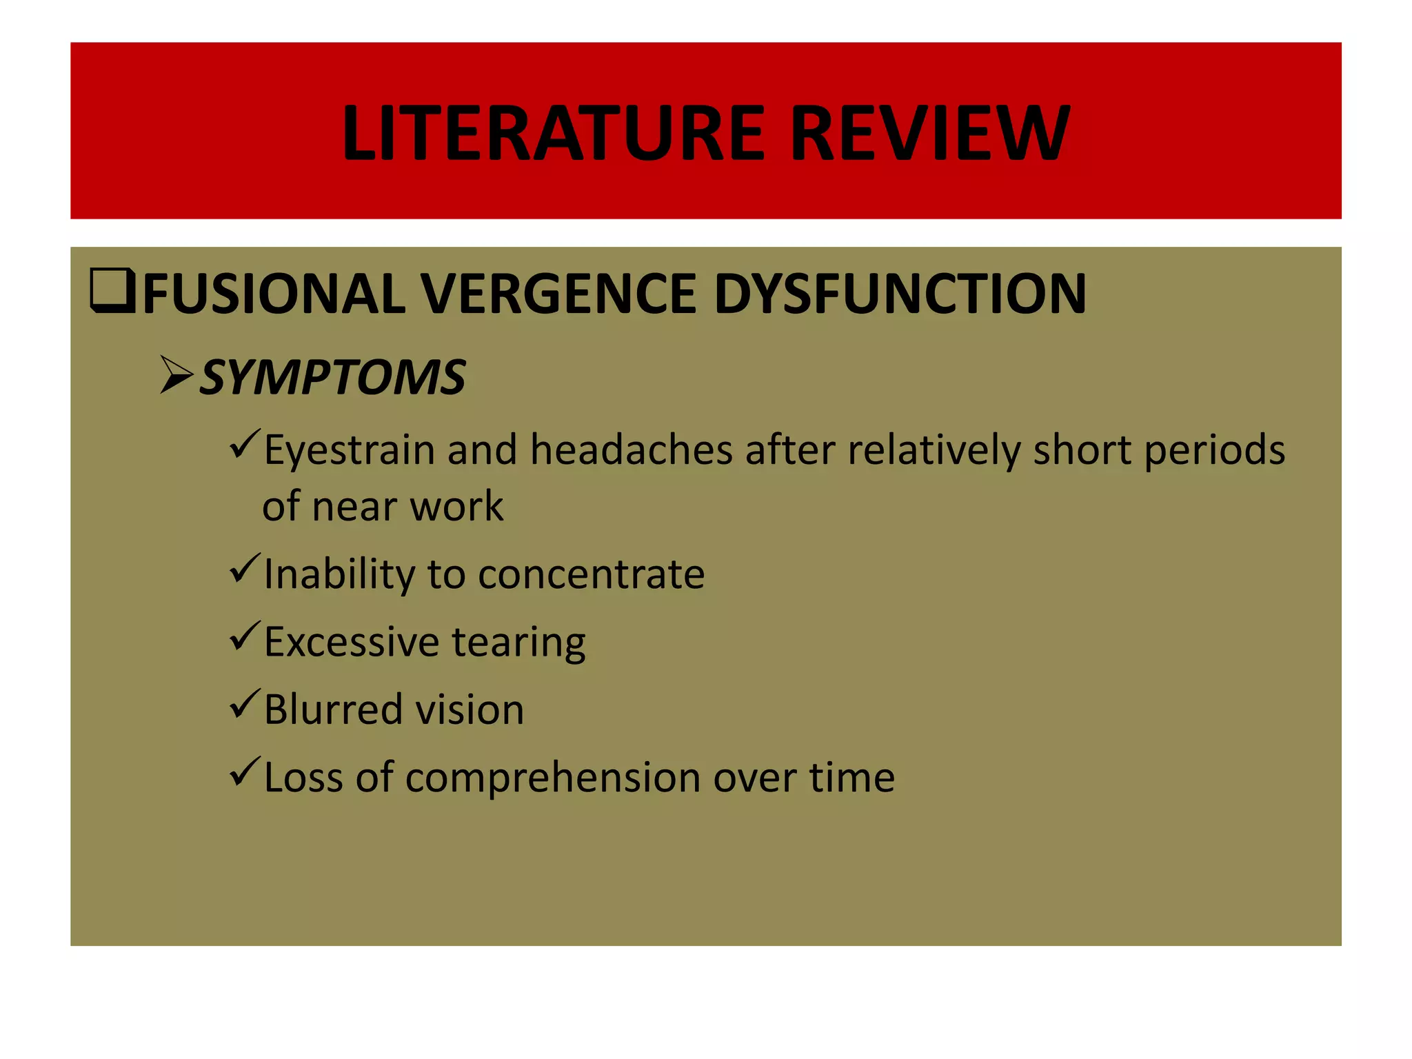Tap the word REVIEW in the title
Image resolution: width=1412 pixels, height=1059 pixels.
(x=930, y=132)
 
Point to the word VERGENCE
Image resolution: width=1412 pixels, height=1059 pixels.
(x=558, y=294)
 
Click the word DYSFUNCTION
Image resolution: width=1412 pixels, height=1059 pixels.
(x=900, y=294)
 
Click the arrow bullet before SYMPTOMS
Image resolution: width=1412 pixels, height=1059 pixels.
(x=176, y=376)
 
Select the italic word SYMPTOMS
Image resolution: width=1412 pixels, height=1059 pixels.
(x=332, y=378)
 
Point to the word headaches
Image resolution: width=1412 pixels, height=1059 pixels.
(x=631, y=450)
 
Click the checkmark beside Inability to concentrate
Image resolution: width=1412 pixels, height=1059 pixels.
(x=244, y=569)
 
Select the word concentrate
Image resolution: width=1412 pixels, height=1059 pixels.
(x=591, y=574)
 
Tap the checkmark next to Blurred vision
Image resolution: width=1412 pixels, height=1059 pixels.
(x=244, y=705)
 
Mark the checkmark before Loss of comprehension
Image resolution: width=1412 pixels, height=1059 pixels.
(x=244, y=772)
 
